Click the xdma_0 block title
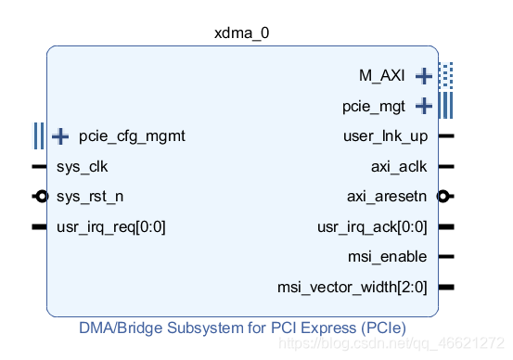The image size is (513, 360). click(241, 32)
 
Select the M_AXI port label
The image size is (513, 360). click(381, 75)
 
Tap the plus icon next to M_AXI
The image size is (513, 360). click(424, 75)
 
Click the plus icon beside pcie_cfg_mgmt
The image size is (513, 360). click(60, 136)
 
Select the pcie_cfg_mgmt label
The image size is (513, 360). click(133, 136)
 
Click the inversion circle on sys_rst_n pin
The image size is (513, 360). click(40, 197)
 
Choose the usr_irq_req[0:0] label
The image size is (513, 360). click(111, 226)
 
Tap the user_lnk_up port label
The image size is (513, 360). click(385, 136)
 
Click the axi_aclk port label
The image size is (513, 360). click(399, 167)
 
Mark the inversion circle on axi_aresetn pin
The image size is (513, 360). click(443, 197)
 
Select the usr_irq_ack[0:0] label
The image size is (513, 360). click(373, 226)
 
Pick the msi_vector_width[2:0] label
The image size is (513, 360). click(353, 287)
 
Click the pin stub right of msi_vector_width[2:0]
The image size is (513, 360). click(446, 287)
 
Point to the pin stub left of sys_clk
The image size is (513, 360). click(39, 167)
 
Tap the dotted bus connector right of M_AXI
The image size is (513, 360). click(446, 75)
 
